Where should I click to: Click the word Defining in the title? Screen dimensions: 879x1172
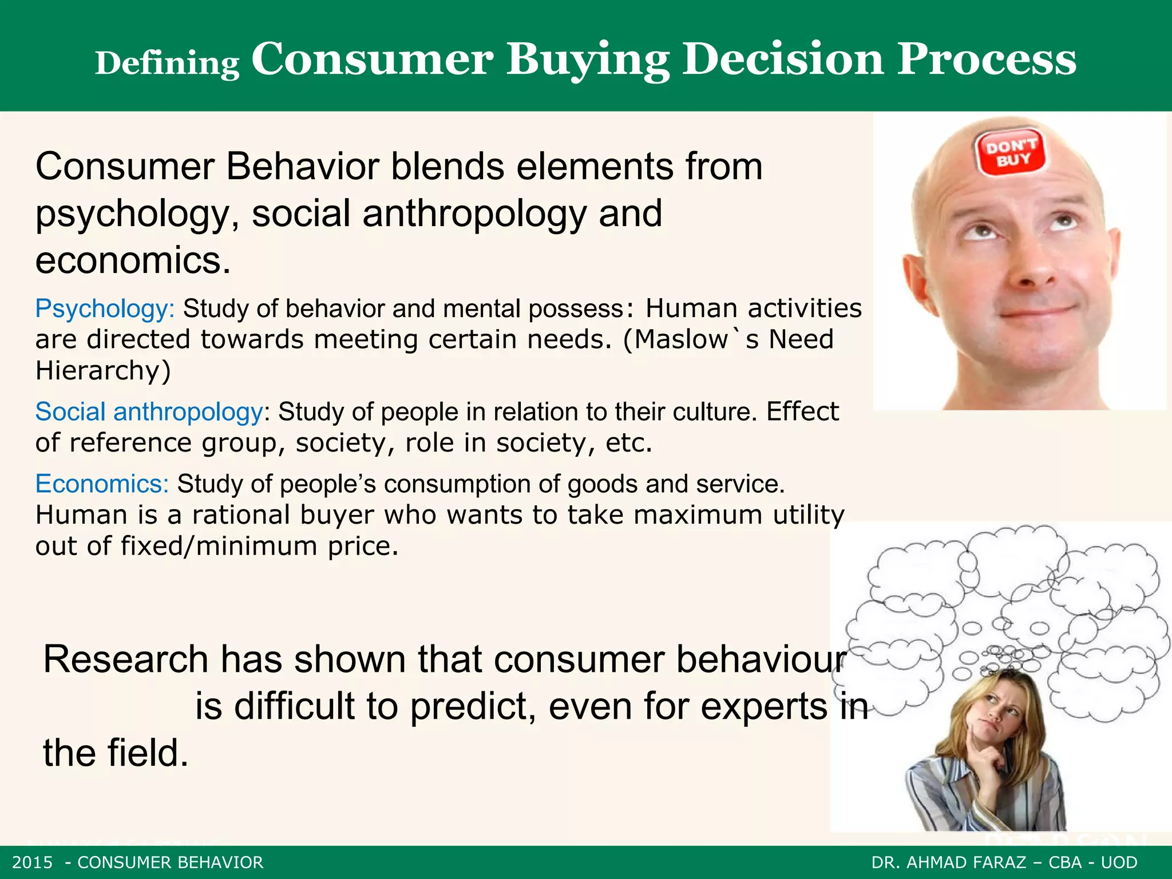(x=167, y=64)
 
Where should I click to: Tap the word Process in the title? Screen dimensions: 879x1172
(x=986, y=59)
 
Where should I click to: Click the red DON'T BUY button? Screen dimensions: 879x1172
(x=1011, y=153)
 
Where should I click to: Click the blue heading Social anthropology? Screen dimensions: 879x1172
(x=149, y=412)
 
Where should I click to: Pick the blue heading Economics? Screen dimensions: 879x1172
(x=102, y=484)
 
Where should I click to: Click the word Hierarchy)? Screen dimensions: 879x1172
(x=103, y=370)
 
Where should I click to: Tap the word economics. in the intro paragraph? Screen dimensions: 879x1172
(x=133, y=260)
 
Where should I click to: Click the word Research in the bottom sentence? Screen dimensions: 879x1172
(x=125, y=659)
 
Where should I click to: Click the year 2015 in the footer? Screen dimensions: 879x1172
(x=33, y=862)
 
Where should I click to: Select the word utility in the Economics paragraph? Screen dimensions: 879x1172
(x=808, y=515)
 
